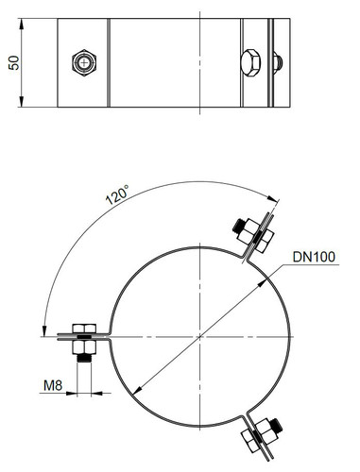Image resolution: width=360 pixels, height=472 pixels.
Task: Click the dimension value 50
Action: point(14,62)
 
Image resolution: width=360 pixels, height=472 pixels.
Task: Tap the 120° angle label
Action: point(117,194)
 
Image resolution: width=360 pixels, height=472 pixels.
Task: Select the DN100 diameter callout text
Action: point(314,257)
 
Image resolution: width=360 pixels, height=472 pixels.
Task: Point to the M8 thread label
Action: point(53,385)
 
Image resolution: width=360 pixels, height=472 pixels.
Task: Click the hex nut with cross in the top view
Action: point(84,62)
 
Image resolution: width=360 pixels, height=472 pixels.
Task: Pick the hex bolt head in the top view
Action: point(251,62)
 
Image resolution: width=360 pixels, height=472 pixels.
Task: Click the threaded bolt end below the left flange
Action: point(84,358)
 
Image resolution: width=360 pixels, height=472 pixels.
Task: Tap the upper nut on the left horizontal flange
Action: point(84,329)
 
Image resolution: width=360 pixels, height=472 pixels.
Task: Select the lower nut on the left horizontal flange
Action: point(84,346)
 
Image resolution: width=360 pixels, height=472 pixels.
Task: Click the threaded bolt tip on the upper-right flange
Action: point(238,226)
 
